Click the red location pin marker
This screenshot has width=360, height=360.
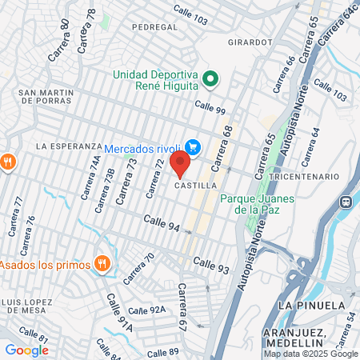pyautogui.click(x=180, y=164)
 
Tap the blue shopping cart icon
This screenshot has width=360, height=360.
pyautogui.click(x=192, y=146)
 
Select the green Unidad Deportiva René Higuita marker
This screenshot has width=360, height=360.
pyautogui.click(x=210, y=78)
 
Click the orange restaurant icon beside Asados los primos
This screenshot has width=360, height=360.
pyautogui.click(x=102, y=262)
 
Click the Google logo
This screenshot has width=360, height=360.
pyautogui.click(x=26, y=350)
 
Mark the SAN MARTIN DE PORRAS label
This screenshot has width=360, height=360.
pyautogui.click(x=46, y=96)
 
